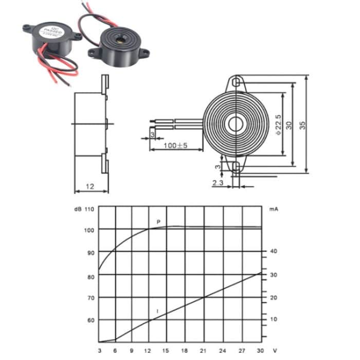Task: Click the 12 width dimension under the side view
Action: [x=91, y=187]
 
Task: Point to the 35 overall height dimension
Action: [x=302, y=124]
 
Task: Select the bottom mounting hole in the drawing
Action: [x=236, y=166]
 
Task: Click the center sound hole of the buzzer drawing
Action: [x=236, y=124]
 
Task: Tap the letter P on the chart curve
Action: [x=159, y=222]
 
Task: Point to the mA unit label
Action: [x=273, y=209]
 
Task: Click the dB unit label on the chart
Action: [x=77, y=209]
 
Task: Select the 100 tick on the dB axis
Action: [x=89, y=229]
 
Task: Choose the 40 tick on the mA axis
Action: [x=274, y=251]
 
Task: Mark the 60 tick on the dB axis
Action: [x=91, y=320]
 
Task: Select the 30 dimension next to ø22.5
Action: [x=289, y=124]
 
